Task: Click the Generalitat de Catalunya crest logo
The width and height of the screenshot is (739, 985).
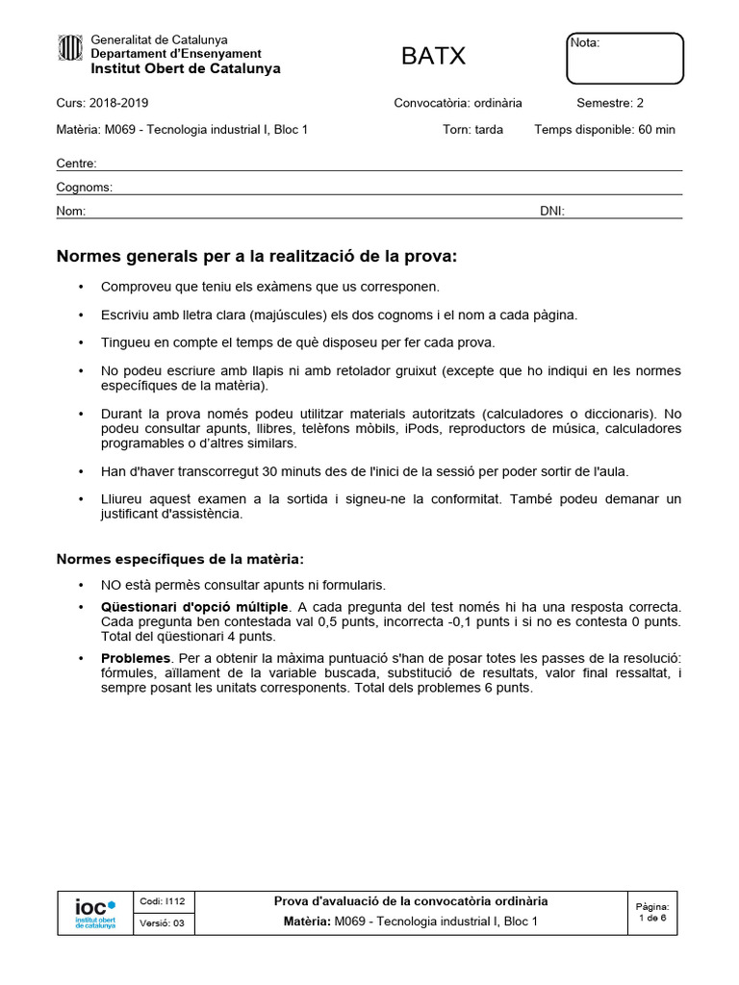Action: coord(70,47)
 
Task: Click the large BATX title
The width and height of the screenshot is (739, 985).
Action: coord(433,57)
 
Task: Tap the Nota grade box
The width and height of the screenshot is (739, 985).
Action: coord(624,59)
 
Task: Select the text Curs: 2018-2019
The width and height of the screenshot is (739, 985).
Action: coord(103,103)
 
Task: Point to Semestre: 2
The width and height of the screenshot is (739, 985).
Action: coord(610,103)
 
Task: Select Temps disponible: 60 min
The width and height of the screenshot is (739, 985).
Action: coord(604,130)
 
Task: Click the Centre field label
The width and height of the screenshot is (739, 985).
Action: coord(76,164)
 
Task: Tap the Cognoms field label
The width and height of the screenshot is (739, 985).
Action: coord(85,188)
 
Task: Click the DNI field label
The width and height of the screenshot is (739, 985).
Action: coord(552,211)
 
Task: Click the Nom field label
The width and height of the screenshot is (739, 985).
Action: coord(72,211)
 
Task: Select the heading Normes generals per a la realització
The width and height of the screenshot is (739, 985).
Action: coord(257,257)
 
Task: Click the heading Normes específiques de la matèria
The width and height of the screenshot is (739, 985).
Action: coord(180,559)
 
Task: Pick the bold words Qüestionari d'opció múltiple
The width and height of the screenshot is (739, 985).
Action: coord(194,607)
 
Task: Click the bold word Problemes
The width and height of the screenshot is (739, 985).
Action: coord(136,658)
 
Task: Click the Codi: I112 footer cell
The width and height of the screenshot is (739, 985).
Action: coord(163,901)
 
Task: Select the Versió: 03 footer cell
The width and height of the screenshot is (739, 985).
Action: coord(163,922)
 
